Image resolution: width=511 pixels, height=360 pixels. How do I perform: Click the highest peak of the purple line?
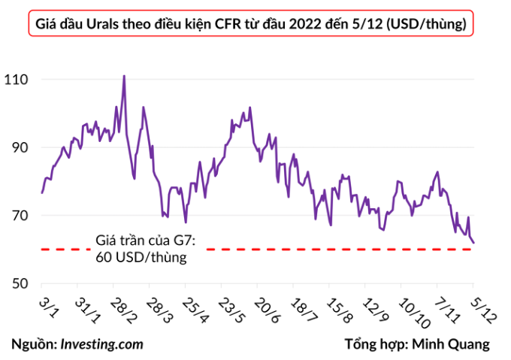[124, 76]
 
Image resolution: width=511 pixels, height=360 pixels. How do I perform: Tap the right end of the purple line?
[474, 242]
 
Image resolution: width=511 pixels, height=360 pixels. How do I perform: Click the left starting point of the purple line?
[42, 193]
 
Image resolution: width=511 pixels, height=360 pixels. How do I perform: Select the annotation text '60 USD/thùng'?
[141, 257]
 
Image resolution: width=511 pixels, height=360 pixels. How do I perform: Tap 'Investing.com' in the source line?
[101, 344]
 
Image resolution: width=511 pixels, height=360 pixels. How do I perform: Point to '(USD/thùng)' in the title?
[427, 24]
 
